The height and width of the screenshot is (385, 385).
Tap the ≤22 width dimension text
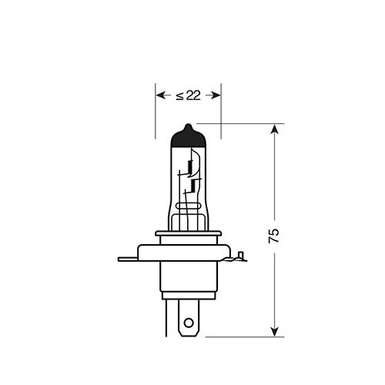[189, 95]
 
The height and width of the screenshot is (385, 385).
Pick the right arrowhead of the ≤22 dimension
[217, 95]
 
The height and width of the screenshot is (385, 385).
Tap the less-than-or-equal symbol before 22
[179, 95]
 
